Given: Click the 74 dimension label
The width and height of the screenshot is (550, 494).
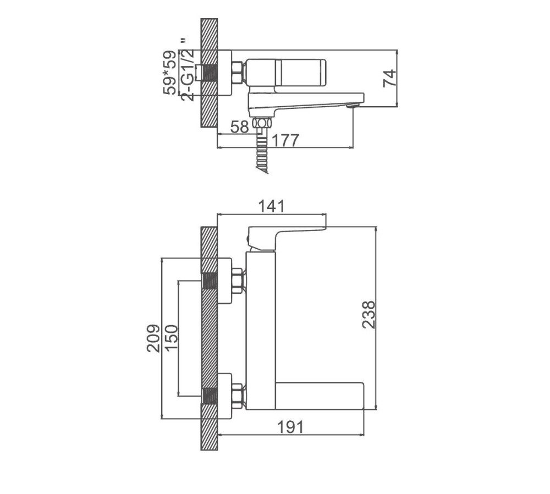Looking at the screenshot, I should point(389,78).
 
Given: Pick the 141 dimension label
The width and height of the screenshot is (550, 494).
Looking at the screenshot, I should point(273,206).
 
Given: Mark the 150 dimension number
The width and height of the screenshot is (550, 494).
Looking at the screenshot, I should point(171,337).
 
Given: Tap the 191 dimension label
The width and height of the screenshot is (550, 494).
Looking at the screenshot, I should point(290,427).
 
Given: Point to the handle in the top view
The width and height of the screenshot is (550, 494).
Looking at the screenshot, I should point(286,72).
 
